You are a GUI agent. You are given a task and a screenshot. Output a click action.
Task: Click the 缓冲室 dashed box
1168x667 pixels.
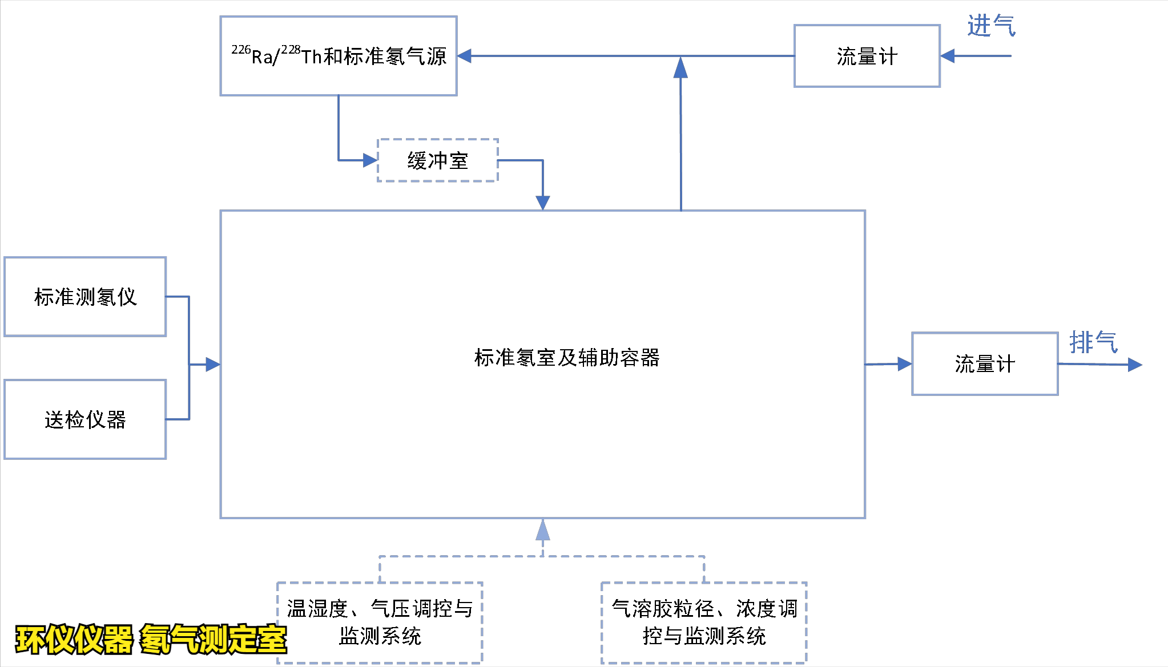[438, 160]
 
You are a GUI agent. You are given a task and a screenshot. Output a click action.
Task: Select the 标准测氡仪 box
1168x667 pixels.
[85, 297]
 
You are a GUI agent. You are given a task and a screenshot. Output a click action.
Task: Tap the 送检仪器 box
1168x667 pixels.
[85, 419]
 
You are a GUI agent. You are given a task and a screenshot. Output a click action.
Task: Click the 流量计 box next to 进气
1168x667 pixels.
[867, 56]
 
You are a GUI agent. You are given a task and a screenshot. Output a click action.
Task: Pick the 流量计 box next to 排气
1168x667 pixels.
[985, 364]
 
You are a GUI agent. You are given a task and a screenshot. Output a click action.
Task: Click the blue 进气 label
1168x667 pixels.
[991, 26]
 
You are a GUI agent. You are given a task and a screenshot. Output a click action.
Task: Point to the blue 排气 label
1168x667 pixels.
[1093, 342]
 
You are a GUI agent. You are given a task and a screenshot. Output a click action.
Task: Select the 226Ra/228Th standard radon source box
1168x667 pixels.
[339, 56]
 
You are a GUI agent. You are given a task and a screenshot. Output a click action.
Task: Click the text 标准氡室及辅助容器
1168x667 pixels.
[566, 358]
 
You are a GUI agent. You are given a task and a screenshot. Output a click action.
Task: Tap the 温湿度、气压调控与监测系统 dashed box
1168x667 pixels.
[380, 622]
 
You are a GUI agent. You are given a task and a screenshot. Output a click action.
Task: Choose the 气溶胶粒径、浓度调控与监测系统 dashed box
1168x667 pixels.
[704, 622]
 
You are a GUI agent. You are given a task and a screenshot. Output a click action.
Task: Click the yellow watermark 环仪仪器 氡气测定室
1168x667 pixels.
[151, 639]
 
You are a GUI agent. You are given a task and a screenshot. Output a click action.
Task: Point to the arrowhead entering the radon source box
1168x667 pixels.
[465, 56]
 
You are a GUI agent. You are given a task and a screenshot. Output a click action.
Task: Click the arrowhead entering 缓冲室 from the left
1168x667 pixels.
[370, 160]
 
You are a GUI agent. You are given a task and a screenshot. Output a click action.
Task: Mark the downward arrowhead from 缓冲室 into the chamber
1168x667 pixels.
[543, 203]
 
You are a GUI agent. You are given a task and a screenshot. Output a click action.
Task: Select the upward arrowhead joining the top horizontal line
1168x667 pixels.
[680, 68]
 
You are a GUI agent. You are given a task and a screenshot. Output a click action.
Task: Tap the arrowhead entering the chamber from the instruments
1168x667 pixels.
[213, 364]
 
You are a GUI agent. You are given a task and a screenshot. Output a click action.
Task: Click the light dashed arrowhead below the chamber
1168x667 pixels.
[543, 530]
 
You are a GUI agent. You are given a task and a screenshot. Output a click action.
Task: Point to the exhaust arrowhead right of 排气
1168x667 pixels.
[1134, 365]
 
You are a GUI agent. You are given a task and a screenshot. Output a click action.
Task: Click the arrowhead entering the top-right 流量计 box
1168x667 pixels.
[948, 56]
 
